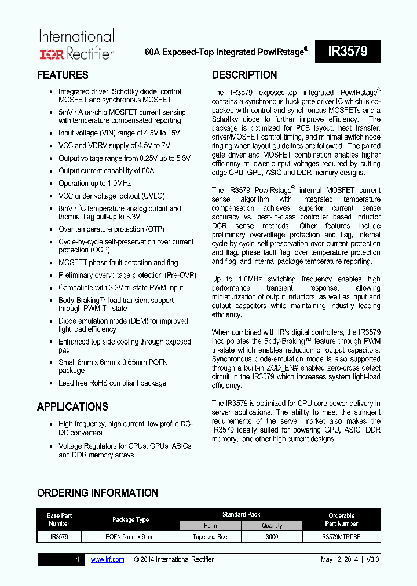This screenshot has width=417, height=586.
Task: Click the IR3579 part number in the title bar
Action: click(348, 52)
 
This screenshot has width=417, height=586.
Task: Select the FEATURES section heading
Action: click(63, 75)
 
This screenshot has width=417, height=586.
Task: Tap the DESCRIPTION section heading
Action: click(244, 75)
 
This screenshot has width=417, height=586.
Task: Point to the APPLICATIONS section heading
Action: click(72, 406)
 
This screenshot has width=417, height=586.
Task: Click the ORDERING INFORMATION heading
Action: click(97, 493)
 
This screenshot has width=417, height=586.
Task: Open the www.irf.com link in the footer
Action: click(108, 559)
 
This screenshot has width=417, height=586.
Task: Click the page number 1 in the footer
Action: click(78, 559)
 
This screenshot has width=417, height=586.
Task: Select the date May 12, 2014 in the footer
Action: click(339, 559)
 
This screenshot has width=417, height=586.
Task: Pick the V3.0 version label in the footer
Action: click(373, 559)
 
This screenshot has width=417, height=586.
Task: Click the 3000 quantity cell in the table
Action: click(272, 537)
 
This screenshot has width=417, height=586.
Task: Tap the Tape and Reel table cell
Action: click(210, 537)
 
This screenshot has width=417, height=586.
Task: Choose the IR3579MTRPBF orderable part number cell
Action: click(340, 537)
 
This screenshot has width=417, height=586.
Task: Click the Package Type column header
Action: click(130, 519)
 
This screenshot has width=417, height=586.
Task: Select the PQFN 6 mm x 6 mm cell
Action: click(130, 537)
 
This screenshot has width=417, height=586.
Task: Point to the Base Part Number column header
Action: click(59, 519)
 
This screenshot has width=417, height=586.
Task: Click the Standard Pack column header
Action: click(241, 514)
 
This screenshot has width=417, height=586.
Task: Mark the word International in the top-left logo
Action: click(76, 36)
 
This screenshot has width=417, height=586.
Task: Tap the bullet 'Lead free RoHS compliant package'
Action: click(112, 383)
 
